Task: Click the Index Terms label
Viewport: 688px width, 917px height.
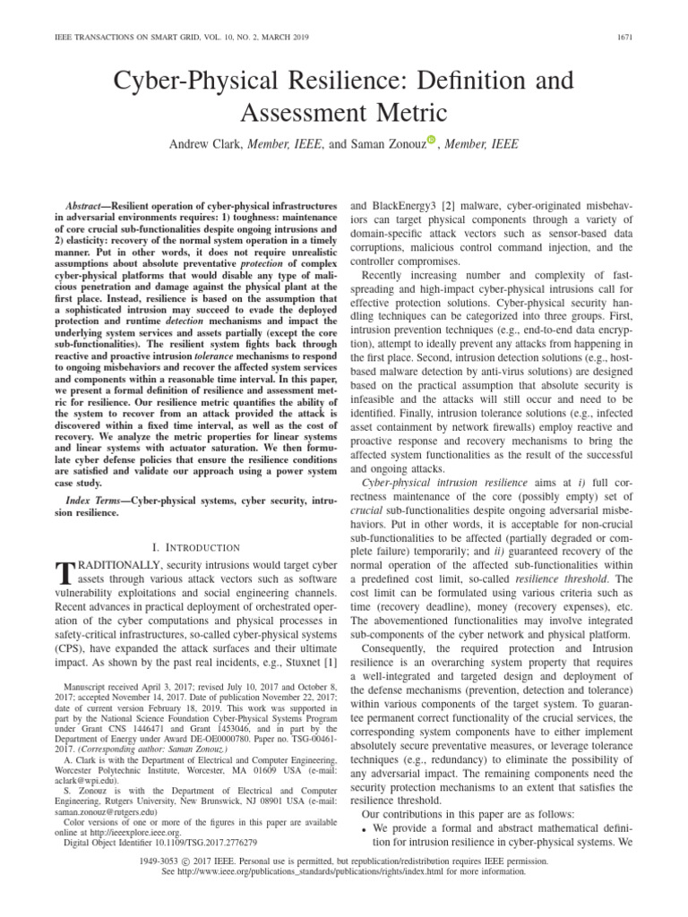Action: pyautogui.click(x=87, y=495)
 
